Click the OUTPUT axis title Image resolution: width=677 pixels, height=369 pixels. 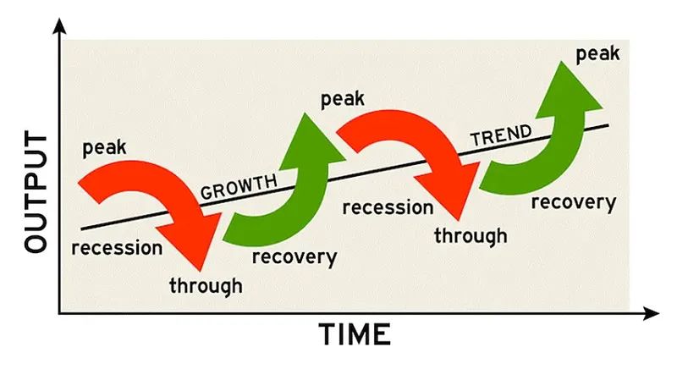click(36, 192)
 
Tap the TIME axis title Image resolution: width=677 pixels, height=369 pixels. click(355, 334)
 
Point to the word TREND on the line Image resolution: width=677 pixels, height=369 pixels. click(501, 135)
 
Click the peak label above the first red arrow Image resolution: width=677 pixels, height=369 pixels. click(104, 147)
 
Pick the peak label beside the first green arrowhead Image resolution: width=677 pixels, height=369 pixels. click(343, 99)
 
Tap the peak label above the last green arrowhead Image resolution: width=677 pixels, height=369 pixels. click(598, 54)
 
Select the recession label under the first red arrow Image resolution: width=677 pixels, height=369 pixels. click(117, 248)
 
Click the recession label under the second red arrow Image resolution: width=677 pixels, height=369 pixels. click(388, 207)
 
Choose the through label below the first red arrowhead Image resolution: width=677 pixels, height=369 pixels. click(206, 286)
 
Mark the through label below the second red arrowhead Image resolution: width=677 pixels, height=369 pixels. click(471, 236)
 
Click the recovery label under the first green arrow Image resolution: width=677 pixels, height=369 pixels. click(294, 257)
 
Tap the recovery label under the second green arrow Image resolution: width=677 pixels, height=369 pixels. click(574, 202)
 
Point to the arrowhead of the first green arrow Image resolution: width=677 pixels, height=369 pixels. click(310, 143)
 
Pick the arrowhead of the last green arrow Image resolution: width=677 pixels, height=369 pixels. click(566, 91)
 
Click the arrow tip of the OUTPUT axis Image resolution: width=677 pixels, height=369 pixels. click(59, 19)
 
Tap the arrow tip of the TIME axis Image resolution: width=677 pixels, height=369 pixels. click(659, 313)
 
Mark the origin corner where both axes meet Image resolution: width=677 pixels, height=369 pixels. click(59, 313)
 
